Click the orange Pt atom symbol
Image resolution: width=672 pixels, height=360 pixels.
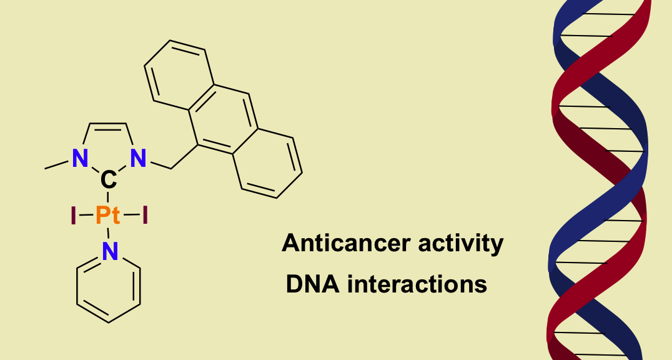coord(108,216)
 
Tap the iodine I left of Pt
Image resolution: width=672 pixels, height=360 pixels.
coord(74,216)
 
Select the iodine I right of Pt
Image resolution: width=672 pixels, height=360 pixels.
coord(145,216)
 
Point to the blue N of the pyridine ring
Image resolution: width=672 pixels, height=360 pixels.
coord(109,252)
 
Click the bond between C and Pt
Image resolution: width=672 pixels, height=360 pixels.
coord(108,198)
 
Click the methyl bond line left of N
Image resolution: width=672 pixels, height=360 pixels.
coord(57,165)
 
